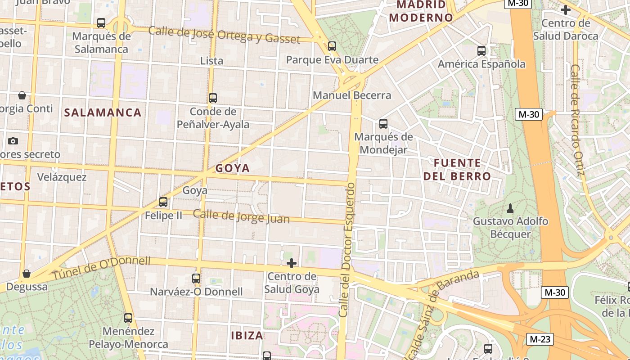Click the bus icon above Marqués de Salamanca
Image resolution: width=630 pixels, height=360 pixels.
101,23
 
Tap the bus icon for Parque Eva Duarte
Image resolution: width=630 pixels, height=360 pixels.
332,46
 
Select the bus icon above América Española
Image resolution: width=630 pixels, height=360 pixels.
481,51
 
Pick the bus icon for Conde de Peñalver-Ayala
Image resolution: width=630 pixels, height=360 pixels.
213,98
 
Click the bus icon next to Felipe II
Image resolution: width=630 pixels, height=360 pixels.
163,202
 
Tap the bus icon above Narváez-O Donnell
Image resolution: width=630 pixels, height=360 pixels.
196,279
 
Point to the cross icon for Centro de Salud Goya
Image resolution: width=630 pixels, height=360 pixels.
292,263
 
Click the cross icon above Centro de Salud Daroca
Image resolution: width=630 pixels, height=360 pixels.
566,9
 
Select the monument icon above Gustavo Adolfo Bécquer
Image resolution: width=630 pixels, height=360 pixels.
510,208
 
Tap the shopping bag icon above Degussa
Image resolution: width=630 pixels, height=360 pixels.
27,274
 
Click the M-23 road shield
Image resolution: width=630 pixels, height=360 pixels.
540,339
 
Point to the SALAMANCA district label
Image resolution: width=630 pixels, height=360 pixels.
103,112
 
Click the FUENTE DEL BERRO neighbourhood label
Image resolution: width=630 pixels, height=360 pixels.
457,169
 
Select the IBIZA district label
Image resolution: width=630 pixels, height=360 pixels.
247,335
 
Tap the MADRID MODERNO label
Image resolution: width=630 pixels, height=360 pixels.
421,11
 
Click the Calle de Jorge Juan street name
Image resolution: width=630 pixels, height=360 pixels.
241,216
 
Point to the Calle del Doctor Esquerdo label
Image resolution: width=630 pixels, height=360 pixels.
347,250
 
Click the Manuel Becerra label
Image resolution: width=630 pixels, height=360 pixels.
352,95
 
